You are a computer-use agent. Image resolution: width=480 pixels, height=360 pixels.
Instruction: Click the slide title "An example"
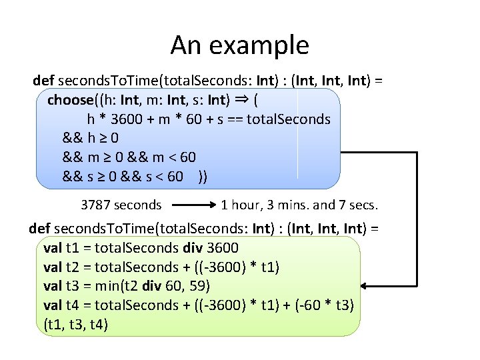[x=239, y=45]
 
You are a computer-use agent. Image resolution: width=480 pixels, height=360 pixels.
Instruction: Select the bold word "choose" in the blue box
[x=69, y=100]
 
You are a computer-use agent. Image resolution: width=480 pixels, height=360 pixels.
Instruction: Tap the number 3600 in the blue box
[x=124, y=119]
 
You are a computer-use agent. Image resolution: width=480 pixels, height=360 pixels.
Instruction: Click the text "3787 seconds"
[x=121, y=205]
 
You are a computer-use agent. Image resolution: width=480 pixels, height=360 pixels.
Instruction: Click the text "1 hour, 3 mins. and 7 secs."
[x=299, y=205]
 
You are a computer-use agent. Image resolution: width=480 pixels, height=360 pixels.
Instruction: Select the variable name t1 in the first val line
[x=73, y=248]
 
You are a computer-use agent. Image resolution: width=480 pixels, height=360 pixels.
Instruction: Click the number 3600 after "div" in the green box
[x=223, y=248]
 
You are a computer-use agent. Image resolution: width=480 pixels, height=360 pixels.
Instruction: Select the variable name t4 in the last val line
[x=73, y=305]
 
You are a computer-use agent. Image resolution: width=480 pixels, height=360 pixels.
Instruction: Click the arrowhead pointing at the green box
[x=367, y=287]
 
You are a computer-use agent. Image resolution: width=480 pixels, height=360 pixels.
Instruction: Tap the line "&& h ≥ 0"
[x=91, y=139]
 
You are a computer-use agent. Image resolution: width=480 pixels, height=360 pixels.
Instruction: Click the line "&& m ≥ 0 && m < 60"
[x=129, y=157]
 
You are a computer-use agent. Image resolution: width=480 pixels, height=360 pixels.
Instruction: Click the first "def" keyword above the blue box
[x=44, y=81]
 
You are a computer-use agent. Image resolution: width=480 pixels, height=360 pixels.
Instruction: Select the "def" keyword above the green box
[x=39, y=229]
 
